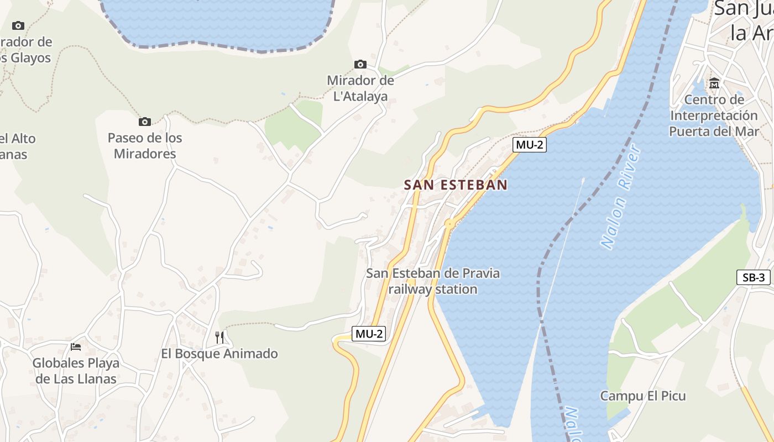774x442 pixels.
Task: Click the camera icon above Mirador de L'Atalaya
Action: coord(360,65)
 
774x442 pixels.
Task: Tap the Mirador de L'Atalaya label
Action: coord(360,88)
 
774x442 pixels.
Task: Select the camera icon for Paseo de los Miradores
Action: coord(145,122)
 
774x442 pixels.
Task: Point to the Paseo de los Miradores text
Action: coord(145,146)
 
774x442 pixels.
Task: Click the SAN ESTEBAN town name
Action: coord(456,185)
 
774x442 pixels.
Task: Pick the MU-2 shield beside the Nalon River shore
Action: coord(530,145)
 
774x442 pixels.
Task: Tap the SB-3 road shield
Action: coord(754,277)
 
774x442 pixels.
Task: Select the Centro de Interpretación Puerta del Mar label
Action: coord(714,115)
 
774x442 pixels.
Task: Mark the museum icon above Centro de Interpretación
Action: coord(714,84)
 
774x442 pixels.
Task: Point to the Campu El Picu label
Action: coord(643,396)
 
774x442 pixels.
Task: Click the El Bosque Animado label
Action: coord(219,354)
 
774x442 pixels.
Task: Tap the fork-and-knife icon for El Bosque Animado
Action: coord(219,337)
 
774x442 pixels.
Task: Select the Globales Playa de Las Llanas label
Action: coord(76,371)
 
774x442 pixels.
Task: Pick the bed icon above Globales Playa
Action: coord(76,346)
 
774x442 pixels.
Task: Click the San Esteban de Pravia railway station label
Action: coord(433,281)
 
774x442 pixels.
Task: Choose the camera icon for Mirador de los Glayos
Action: coord(18,25)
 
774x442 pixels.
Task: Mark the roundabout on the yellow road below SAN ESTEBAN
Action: coord(449,224)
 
